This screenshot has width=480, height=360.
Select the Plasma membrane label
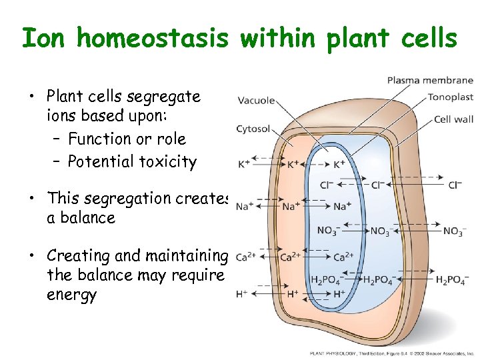click(x=430, y=81)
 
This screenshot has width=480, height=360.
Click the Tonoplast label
click(x=450, y=97)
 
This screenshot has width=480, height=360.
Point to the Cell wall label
click(x=453, y=119)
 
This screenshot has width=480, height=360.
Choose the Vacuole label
click(x=256, y=101)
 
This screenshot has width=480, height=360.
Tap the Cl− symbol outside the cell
click(x=455, y=185)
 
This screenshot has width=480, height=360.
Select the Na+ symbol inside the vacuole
click(x=341, y=207)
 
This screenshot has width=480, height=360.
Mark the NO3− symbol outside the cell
click(x=453, y=231)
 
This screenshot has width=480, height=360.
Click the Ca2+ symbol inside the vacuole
click(x=343, y=257)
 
